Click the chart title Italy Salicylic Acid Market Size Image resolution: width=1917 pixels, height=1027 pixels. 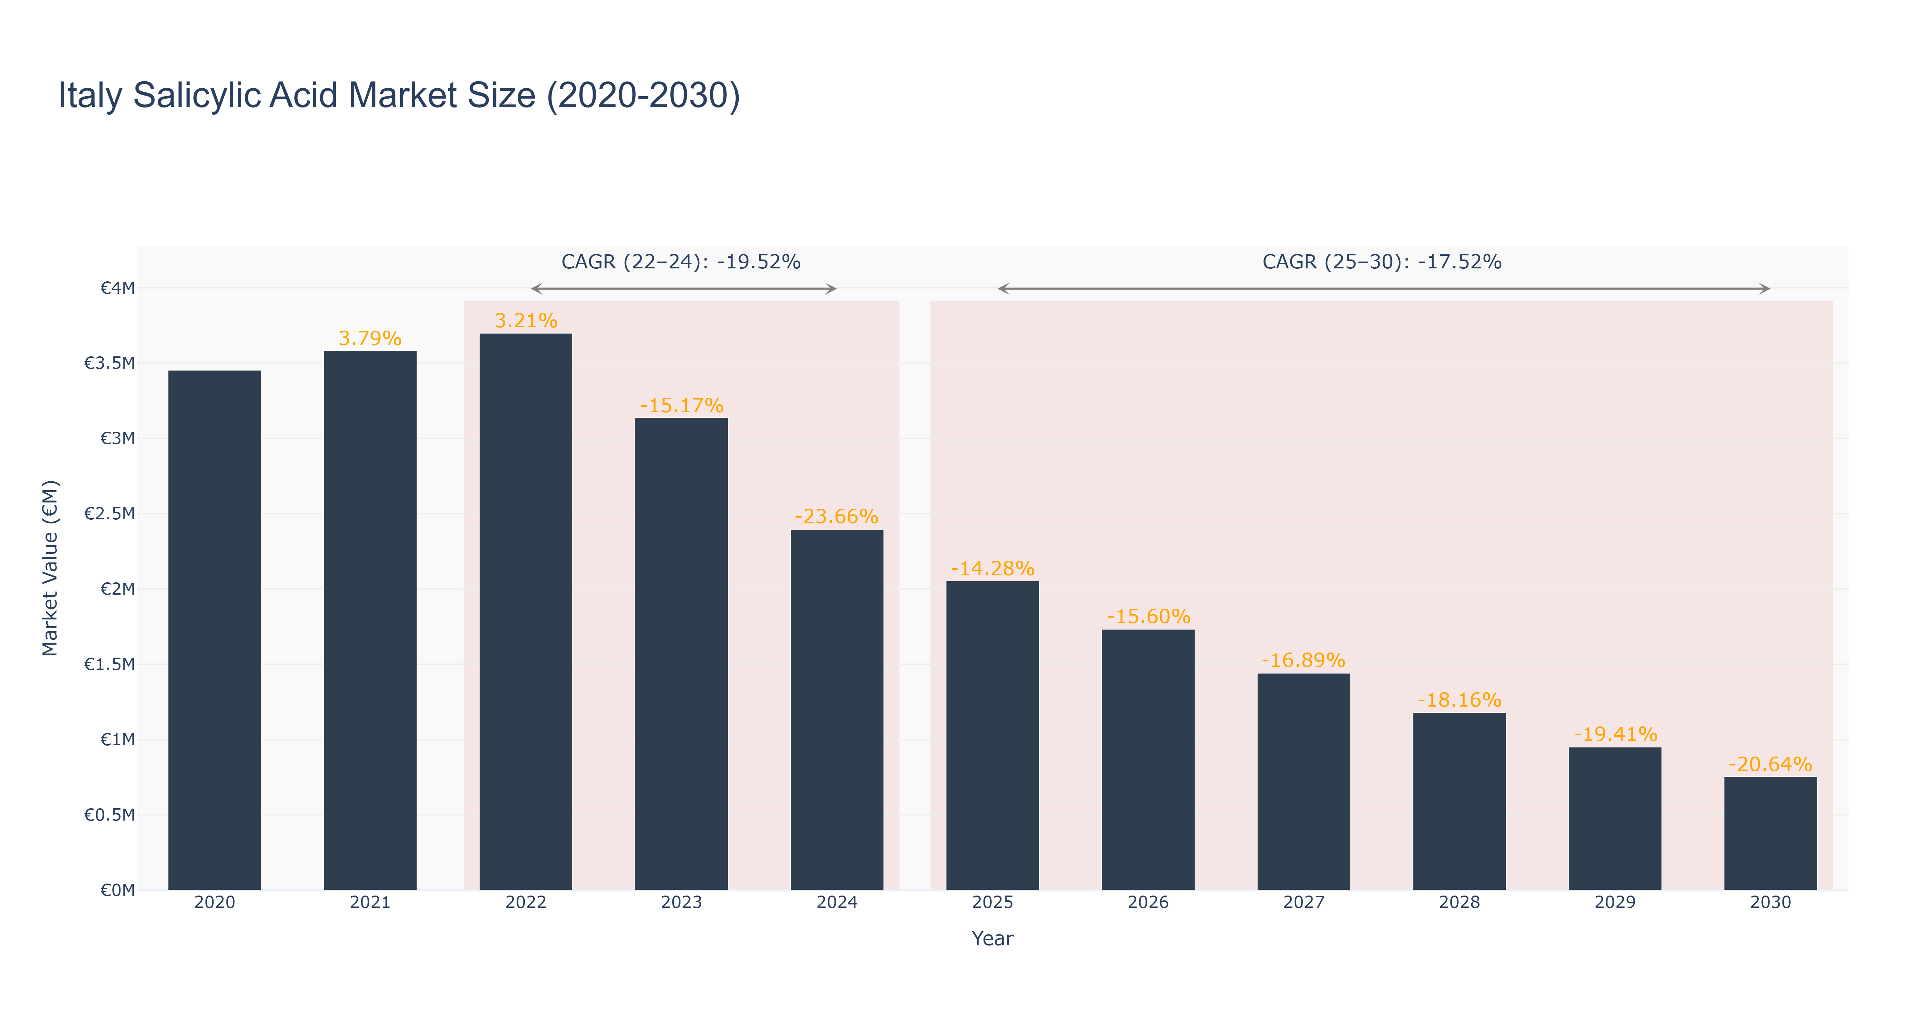(399, 96)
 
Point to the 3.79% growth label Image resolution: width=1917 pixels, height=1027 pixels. (370, 339)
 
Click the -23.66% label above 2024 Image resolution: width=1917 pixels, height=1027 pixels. (836, 517)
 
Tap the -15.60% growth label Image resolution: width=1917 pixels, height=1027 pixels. (1148, 617)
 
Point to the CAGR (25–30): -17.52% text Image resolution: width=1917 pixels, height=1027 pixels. (1382, 262)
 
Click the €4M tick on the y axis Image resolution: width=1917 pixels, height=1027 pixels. (117, 288)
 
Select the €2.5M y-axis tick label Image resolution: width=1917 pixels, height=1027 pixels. (110, 513)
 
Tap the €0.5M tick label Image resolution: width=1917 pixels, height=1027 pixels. (110, 815)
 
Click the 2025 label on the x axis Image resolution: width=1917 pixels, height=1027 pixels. (993, 903)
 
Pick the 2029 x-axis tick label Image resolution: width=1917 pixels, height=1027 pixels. (1615, 903)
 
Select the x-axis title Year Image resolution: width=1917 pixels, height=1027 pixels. (993, 938)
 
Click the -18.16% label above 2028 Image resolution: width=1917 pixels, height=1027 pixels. (1459, 700)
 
